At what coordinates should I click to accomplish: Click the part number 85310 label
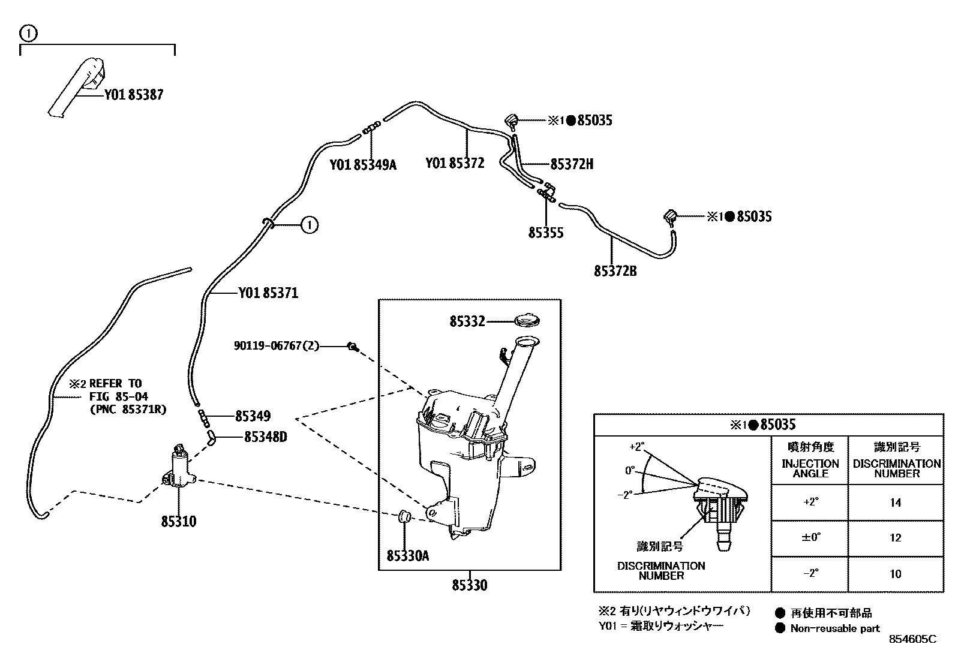pos(178,521)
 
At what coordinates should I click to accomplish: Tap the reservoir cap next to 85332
pos(527,321)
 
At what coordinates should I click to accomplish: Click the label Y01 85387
pos(133,95)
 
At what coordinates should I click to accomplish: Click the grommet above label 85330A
pos(404,515)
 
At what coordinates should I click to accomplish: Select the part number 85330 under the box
pos(470,585)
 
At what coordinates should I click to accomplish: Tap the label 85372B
pos(615,271)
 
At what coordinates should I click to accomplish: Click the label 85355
pos(546,233)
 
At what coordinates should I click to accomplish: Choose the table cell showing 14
pos(895,502)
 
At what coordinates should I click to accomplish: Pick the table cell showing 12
pos(895,538)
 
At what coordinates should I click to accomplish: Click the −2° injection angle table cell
pos(810,574)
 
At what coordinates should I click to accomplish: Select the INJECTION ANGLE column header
pos(810,468)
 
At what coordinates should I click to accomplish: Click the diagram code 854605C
pos(912,639)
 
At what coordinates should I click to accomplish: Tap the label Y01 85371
pos(268,293)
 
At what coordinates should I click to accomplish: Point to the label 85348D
pos(265,437)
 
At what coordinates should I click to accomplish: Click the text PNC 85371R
pos(127,410)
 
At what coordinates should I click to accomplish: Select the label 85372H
pos(572,164)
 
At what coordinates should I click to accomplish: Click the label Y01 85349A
pos(363,165)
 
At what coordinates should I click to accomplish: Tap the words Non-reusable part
pos(834,628)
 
